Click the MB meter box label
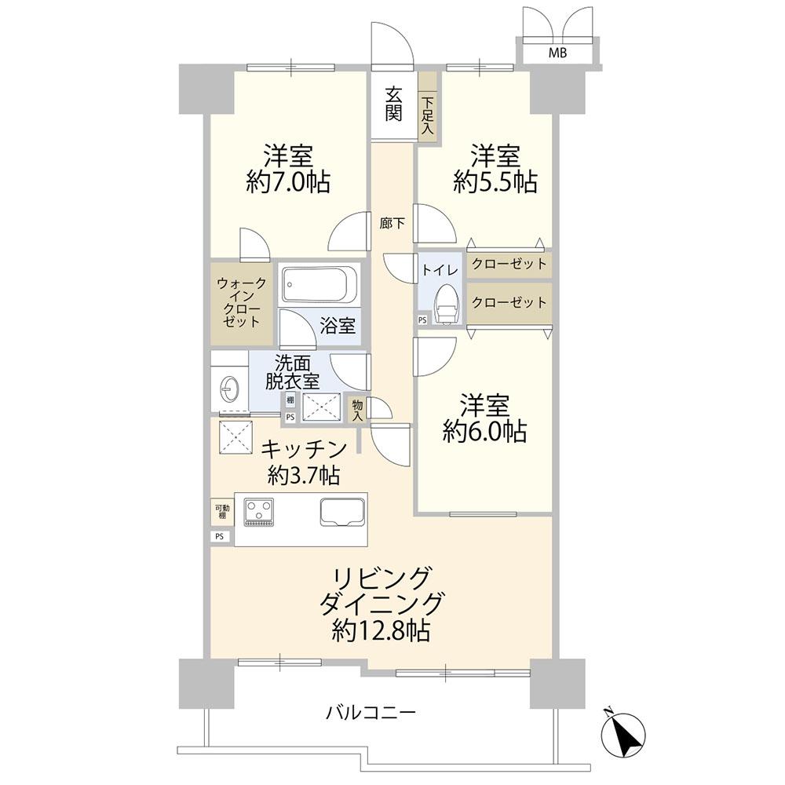pyautogui.click(x=557, y=53)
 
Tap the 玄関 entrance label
pyautogui.click(x=394, y=104)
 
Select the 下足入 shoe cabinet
pyautogui.click(x=427, y=115)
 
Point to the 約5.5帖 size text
pyautogui.click(x=495, y=182)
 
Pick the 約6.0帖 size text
pyautogui.click(x=484, y=431)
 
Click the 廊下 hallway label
pyautogui.click(x=392, y=224)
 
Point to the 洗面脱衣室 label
pyautogui.click(x=290, y=372)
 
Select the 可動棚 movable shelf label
pyautogui.click(x=221, y=511)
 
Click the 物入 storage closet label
pyautogui.click(x=358, y=408)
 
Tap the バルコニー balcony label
pyautogui.click(x=371, y=713)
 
